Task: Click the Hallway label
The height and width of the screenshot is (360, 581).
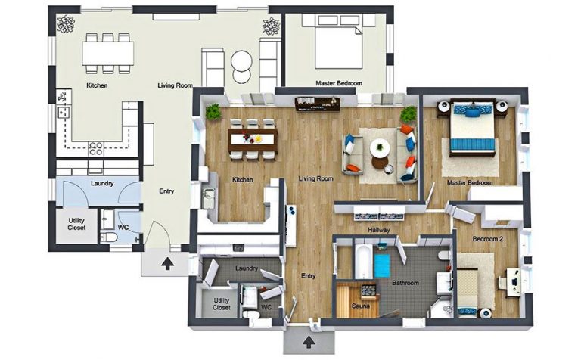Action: (x=377, y=230)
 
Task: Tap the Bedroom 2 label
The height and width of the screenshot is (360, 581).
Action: (x=488, y=238)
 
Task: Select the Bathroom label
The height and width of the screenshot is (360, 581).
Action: (x=405, y=284)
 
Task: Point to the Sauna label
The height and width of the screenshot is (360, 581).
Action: (x=360, y=306)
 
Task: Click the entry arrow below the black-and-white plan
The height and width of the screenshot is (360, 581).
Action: (x=166, y=264)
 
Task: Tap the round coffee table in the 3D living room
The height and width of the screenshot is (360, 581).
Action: (x=381, y=147)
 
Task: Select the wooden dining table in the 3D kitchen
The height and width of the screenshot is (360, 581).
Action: (x=253, y=138)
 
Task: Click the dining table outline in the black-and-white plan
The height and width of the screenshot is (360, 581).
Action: (x=108, y=51)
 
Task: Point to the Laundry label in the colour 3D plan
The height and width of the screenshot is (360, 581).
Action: (x=247, y=268)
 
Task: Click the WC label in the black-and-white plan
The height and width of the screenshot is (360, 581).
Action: (x=123, y=226)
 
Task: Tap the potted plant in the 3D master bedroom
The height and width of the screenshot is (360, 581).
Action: (x=409, y=114)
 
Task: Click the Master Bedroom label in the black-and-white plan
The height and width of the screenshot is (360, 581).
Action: (x=338, y=82)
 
